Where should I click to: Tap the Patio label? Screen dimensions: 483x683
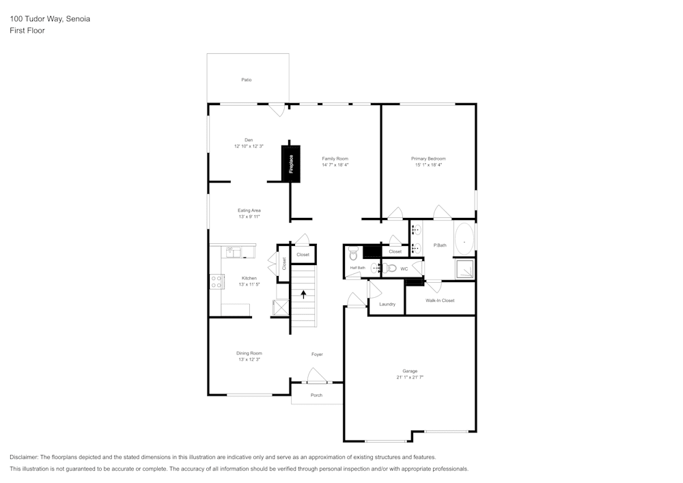tap(247, 80)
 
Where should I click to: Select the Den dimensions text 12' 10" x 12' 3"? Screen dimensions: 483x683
tap(249, 146)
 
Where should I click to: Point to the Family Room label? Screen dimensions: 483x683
tap(335, 158)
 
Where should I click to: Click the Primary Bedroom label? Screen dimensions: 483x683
tap(428, 158)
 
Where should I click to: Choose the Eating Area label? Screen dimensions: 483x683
tap(249, 210)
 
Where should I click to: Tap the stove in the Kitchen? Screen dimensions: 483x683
tap(217, 281)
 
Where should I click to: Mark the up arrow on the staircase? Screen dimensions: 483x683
tap(304, 294)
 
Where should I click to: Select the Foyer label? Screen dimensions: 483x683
tap(317, 354)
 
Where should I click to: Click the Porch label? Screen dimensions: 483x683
tap(316, 396)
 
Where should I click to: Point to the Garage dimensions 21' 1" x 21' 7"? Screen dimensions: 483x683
tap(410, 377)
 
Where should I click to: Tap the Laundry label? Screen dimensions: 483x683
tap(387, 304)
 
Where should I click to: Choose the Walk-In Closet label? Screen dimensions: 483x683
tap(440, 301)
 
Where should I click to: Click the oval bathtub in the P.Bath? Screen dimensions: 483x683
tap(464, 240)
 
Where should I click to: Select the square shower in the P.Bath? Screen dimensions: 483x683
tap(464, 269)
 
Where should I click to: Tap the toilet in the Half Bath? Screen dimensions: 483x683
tap(353, 254)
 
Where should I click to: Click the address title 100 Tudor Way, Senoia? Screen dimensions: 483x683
tap(50, 19)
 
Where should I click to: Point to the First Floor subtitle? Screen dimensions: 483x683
tap(27, 31)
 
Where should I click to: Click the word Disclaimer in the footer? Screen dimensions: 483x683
tap(24, 457)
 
